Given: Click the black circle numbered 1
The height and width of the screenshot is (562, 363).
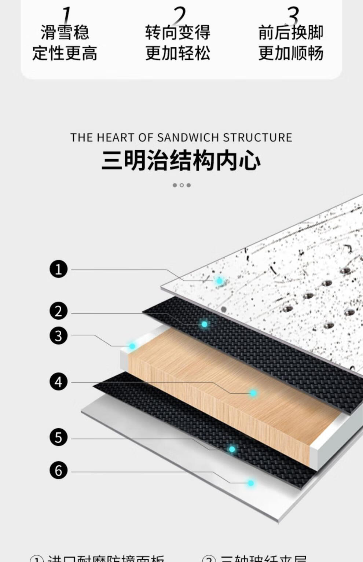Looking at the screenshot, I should [59, 269].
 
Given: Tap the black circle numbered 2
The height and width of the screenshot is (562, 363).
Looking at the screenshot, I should [59, 311].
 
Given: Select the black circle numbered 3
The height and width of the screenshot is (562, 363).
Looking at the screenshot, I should [59, 336].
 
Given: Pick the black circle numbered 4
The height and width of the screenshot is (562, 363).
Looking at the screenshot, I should [59, 382].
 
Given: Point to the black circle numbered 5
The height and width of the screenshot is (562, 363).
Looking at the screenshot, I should [59, 437].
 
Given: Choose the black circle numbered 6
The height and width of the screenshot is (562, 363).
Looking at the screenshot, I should [59, 470].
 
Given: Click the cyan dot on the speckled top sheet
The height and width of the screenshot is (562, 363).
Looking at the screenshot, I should [219, 281].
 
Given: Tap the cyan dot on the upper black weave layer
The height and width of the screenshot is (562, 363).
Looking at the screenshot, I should [204, 324].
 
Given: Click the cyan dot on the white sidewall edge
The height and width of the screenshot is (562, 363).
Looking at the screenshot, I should [132, 346].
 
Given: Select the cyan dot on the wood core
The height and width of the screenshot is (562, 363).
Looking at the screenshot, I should [253, 393].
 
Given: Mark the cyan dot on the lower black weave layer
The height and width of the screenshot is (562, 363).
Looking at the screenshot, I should [232, 449].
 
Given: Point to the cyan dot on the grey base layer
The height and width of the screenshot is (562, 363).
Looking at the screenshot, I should [251, 483].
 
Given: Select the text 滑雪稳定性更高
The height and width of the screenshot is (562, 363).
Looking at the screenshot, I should [65, 43].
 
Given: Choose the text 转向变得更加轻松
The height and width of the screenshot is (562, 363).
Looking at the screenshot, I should [178, 43].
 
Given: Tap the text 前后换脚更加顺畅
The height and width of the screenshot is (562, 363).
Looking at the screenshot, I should [291, 43].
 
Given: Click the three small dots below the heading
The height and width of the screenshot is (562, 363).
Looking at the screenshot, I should [181, 185].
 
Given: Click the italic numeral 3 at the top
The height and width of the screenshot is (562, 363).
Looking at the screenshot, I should [293, 15].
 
